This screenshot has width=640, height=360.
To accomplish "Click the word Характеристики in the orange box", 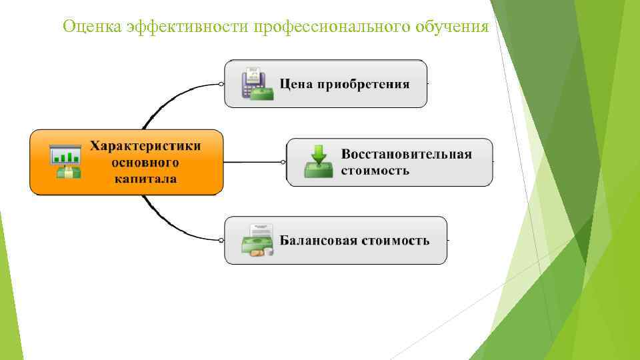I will point(145,146).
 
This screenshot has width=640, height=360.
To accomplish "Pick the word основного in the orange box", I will point(145,162).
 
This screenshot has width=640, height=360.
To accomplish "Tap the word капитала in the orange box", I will point(145,178).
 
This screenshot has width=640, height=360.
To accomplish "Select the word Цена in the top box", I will point(296,85).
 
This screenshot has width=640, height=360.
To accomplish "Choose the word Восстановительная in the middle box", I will point(407,154).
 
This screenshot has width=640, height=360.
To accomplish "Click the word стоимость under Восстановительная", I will point(375,170).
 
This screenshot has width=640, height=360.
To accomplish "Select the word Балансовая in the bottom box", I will point(318,241).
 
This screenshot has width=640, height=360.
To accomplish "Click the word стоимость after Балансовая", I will point(396,241).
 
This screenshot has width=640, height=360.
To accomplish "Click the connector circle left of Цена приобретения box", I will point(221,84).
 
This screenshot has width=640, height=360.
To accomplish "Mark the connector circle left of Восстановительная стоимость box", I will point(283,162).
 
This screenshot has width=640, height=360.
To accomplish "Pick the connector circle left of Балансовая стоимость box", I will point(221,240).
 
